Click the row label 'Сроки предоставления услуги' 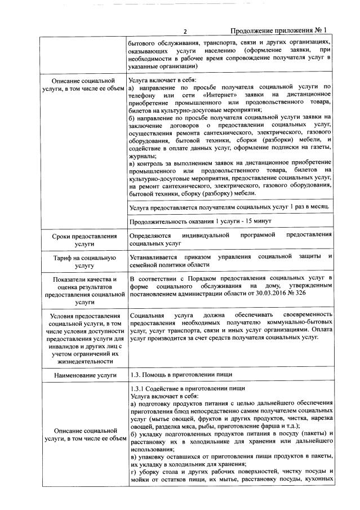(84, 240)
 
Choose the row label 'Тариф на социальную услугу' (84, 260)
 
